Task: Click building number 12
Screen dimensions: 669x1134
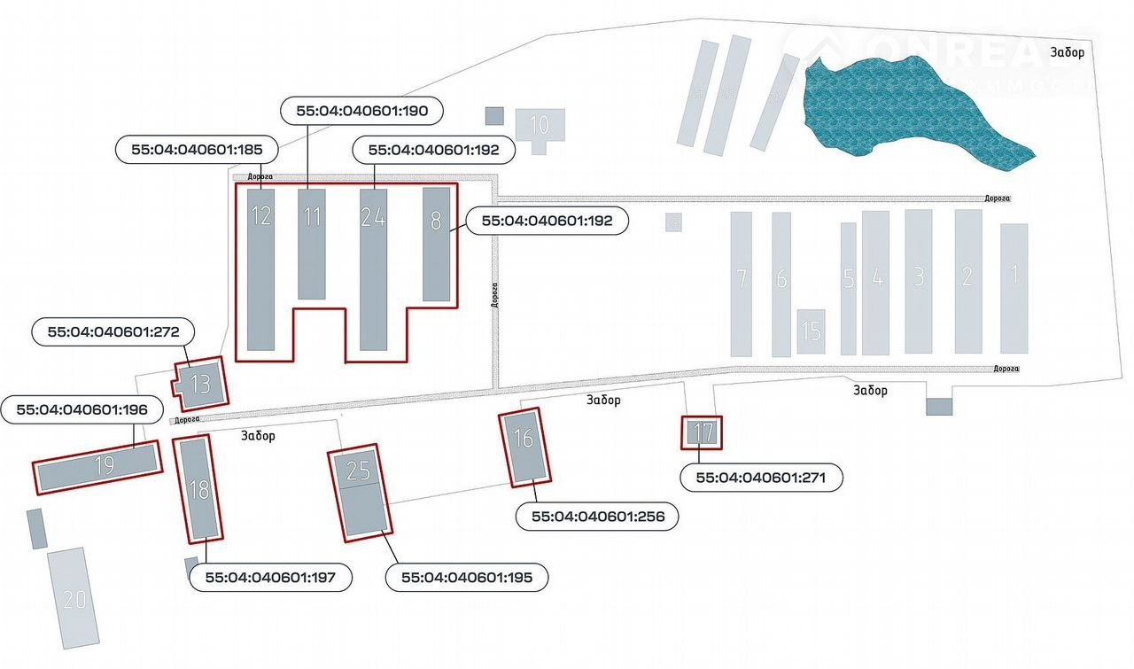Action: pos(261,268)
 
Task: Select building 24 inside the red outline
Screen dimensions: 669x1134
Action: pos(373,268)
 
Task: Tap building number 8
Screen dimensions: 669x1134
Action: pos(436,244)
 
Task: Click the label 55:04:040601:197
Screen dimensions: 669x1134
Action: pos(272,578)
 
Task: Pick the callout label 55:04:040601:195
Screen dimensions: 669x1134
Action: pos(468,578)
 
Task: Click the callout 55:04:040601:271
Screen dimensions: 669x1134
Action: pos(761,477)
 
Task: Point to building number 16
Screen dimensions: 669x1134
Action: pos(524,447)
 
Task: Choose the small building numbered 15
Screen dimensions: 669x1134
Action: pos(811,331)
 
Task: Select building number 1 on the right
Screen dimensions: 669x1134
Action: pos(1014,287)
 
